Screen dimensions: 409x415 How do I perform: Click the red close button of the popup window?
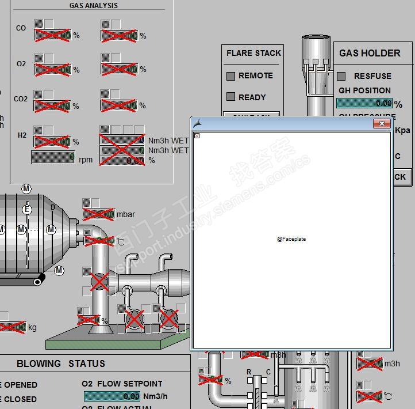[x=382, y=123]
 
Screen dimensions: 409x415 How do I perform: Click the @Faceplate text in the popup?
[x=291, y=238]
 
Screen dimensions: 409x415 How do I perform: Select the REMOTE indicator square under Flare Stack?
[x=231, y=76]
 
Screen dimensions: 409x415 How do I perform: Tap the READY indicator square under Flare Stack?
[x=231, y=97]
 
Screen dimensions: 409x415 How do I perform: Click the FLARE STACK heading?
[x=253, y=53]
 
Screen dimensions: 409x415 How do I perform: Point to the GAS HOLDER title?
[x=370, y=53]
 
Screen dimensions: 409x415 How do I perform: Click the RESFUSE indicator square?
[x=341, y=76]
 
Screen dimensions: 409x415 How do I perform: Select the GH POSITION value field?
[x=364, y=103]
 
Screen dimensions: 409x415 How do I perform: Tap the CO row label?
[x=21, y=28]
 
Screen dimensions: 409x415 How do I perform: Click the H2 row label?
[x=22, y=136]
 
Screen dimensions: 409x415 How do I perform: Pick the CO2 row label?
[x=21, y=99]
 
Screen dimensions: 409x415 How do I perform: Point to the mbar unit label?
[x=126, y=214]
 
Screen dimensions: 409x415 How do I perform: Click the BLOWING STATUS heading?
[x=61, y=363]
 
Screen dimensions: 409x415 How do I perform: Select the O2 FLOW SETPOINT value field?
[x=112, y=396]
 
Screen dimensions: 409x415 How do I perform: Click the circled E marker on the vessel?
[x=27, y=210]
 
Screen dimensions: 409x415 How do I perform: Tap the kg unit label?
[x=32, y=328]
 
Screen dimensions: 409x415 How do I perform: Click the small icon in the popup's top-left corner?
[x=197, y=135]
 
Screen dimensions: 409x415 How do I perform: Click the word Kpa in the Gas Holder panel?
[x=403, y=130]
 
